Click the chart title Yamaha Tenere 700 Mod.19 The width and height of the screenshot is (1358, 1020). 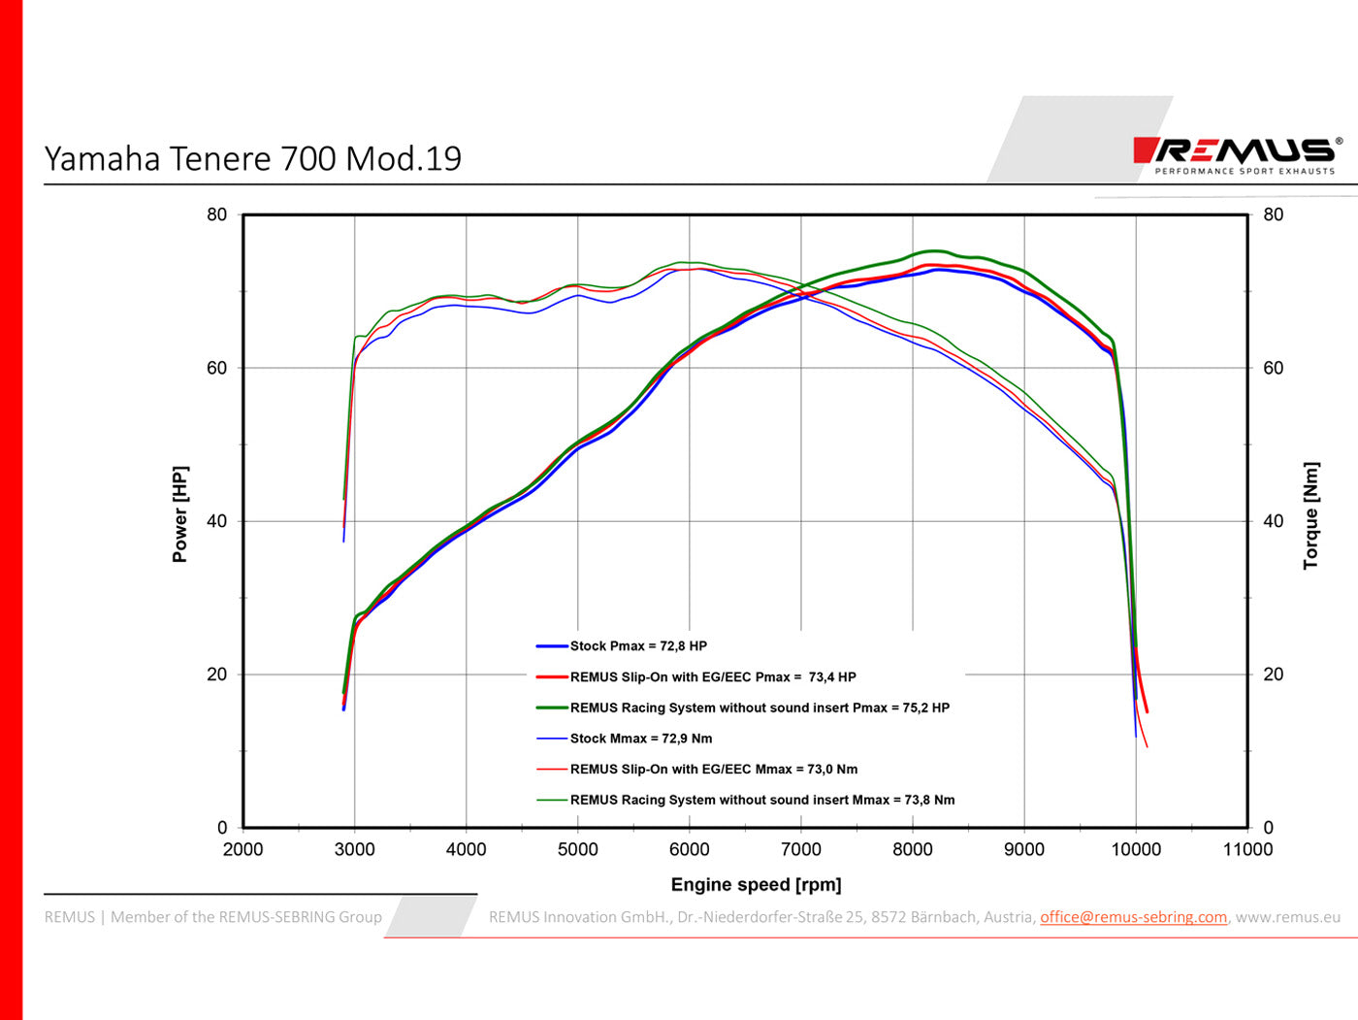click(x=253, y=158)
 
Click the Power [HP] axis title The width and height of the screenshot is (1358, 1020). click(x=180, y=514)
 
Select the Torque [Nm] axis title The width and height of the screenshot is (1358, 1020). click(x=1310, y=515)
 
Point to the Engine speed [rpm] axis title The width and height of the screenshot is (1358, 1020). click(x=756, y=884)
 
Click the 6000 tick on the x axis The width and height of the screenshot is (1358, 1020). click(x=689, y=849)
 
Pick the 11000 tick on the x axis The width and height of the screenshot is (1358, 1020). click(x=1246, y=849)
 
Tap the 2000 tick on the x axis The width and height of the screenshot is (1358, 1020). click(x=242, y=849)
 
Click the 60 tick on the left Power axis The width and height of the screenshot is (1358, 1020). click(x=216, y=368)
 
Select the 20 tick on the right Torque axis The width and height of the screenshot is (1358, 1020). click(x=1273, y=675)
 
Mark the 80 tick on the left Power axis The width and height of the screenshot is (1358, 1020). click(x=216, y=214)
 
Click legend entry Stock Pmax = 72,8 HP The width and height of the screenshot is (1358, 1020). click(x=637, y=646)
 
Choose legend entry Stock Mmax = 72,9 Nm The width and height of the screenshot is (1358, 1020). click(x=640, y=739)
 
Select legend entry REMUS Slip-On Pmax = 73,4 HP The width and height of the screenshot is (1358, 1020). click(x=712, y=677)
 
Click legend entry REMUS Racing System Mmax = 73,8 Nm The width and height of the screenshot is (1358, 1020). click(x=761, y=800)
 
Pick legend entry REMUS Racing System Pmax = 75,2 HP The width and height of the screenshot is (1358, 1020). click(x=759, y=707)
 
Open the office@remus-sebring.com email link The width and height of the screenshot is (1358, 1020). click(x=1133, y=917)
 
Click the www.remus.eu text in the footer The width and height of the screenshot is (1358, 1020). click(x=1287, y=917)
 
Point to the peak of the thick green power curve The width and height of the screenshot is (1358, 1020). click(x=933, y=251)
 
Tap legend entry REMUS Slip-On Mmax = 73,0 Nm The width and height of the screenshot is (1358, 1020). click(x=713, y=769)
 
